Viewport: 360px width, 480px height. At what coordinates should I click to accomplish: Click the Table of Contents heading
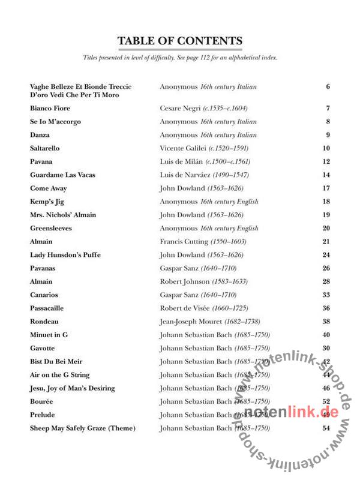point(180,41)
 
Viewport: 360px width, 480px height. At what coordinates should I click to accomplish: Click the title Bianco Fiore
point(50,109)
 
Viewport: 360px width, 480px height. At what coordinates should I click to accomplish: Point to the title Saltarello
point(44,148)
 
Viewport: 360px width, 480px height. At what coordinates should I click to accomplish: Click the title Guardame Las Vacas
point(62,175)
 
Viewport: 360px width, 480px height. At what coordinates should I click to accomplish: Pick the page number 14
point(326,175)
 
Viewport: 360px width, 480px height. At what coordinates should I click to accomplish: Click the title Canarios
point(44,295)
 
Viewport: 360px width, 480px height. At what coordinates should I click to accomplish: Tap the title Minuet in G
point(49,335)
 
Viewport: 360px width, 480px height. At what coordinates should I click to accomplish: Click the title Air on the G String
point(61,374)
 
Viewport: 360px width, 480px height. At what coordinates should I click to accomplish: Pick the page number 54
point(326,428)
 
